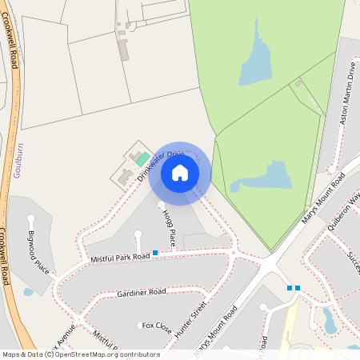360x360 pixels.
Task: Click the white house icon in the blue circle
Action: pyautogui.click(x=180, y=173)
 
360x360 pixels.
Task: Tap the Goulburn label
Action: pyautogui.click(x=18, y=159)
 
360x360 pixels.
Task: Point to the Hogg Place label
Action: pyautogui.click(x=169, y=227)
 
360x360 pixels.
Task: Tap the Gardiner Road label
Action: pyautogui.click(x=140, y=292)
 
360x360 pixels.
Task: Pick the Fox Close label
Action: pyautogui.click(x=157, y=326)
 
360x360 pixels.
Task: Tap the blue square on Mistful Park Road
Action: pyautogui.click(x=155, y=253)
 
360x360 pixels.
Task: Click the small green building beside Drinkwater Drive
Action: pyautogui.click(x=142, y=160)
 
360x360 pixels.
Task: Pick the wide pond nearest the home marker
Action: pyautogui.click(x=264, y=177)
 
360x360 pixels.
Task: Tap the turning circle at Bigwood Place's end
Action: pyautogui.click(x=31, y=218)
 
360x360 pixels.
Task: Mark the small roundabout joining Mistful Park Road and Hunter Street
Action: pyautogui.click(x=233, y=253)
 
